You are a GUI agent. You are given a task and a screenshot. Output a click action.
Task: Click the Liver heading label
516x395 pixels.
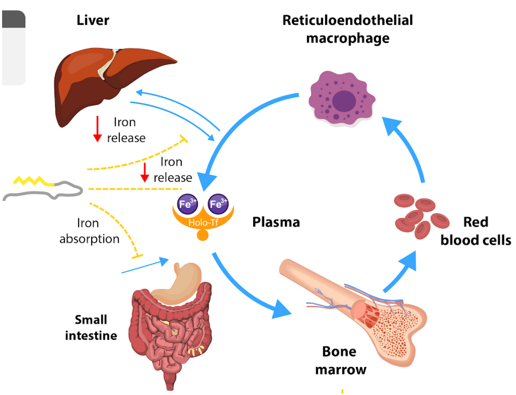tap(93, 20)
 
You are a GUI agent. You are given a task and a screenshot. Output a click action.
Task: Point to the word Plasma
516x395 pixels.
tap(276, 222)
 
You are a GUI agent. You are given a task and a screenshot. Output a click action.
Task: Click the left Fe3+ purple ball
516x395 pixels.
tap(188, 204)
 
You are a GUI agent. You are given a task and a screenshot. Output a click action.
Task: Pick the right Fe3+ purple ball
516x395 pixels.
tap(218, 204)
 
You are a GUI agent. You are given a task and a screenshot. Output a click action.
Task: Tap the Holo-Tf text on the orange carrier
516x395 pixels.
tap(203, 222)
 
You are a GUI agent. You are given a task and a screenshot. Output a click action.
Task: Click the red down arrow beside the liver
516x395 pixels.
tap(97, 129)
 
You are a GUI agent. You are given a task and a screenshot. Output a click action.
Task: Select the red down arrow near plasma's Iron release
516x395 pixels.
tap(145, 173)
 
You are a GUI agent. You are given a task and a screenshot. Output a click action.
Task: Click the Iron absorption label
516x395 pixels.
tap(89, 231)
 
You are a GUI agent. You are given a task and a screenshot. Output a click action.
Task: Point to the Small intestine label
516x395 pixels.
tap(91, 327)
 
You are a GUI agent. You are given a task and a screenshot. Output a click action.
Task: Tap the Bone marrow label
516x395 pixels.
tap(340, 360)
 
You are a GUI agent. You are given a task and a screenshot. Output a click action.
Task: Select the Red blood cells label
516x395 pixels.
tap(475, 231)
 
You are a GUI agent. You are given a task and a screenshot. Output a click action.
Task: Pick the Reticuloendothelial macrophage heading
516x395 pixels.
tap(348, 29)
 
